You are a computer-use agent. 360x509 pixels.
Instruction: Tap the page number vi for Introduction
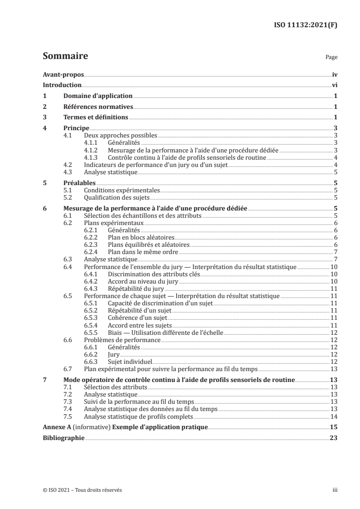pos(334,85)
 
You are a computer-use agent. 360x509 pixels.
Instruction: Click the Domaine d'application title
pos(98,96)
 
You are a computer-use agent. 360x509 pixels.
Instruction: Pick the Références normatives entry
pos(98,107)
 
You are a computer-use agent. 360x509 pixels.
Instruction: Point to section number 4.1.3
pos(93,158)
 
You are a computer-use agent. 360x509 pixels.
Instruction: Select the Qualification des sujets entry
pos(117,197)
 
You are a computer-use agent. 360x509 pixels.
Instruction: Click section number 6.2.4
pos(93,252)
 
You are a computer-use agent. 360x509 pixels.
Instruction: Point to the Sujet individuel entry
pos(130,362)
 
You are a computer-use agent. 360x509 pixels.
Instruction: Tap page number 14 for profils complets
pos(333,416)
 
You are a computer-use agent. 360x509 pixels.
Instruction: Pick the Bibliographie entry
pos(63,438)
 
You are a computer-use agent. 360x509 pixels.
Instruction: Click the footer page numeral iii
pos(334,490)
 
